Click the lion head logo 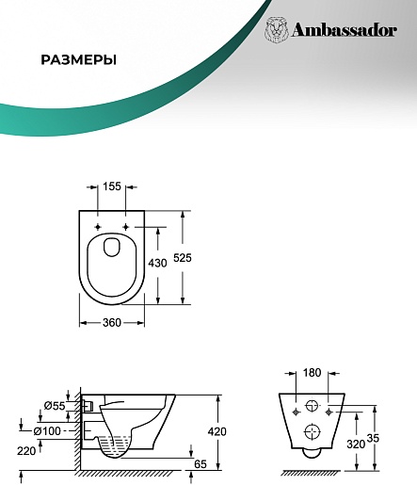click(x=277, y=30)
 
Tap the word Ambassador click(x=345, y=30)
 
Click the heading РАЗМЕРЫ click(x=78, y=59)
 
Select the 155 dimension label click(x=112, y=186)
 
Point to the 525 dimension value click(x=183, y=258)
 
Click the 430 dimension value click(x=157, y=263)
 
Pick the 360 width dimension click(x=112, y=322)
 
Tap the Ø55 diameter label click(x=55, y=406)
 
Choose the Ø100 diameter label click(x=47, y=431)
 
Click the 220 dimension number click(x=26, y=451)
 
